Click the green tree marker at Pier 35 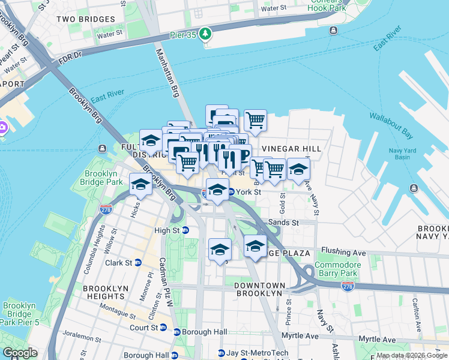tap(206, 33)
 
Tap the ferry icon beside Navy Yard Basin tap(414, 188)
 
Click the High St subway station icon tap(185, 230)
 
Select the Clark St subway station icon tap(138, 263)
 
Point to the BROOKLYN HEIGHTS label tap(106, 292)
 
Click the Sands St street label tap(283, 222)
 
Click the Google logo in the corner tap(20, 353)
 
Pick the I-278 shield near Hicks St tap(106, 209)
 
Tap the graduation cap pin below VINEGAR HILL tap(298, 170)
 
